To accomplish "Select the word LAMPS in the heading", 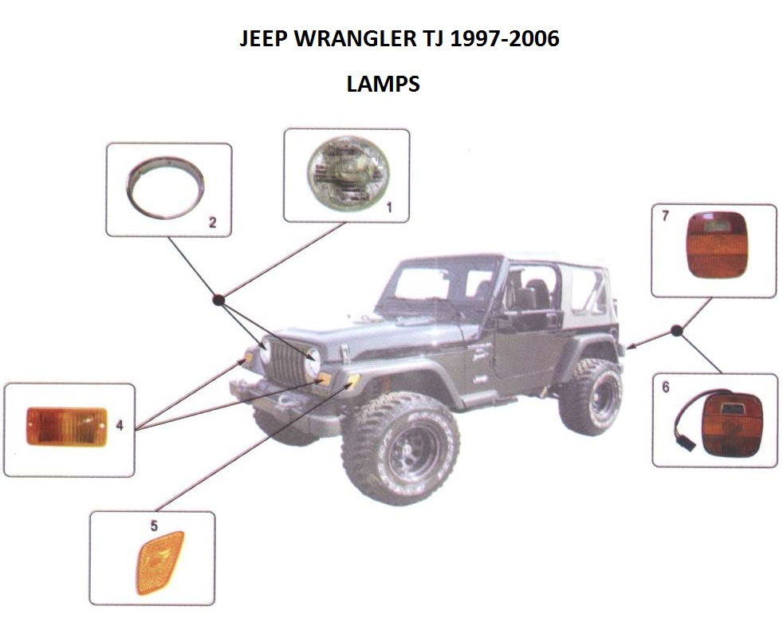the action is [x=383, y=84].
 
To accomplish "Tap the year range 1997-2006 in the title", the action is [x=505, y=38].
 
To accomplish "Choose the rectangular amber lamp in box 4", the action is [x=66, y=426].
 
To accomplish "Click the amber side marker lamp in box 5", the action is [x=159, y=563].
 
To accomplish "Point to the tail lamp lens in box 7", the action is [x=717, y=245].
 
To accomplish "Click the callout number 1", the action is [x=389, y=207].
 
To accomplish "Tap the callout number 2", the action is [x=213, y=222].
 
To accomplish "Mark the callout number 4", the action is [x=120, y=426].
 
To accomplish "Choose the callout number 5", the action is [x=154, y=526].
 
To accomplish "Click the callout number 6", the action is [x=666, y=388].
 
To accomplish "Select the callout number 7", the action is [x=665, y=216].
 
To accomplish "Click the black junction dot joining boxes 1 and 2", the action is [x=218, y=301].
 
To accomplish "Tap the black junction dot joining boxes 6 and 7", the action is [x=677, y=331].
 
